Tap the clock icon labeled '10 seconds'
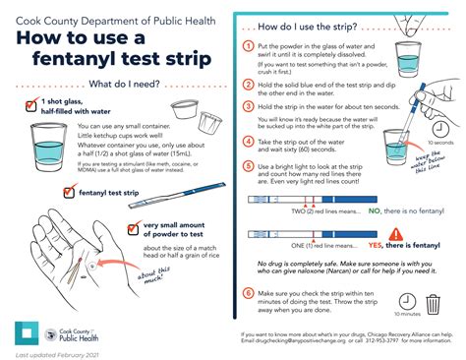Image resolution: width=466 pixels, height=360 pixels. tap(440, 129)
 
